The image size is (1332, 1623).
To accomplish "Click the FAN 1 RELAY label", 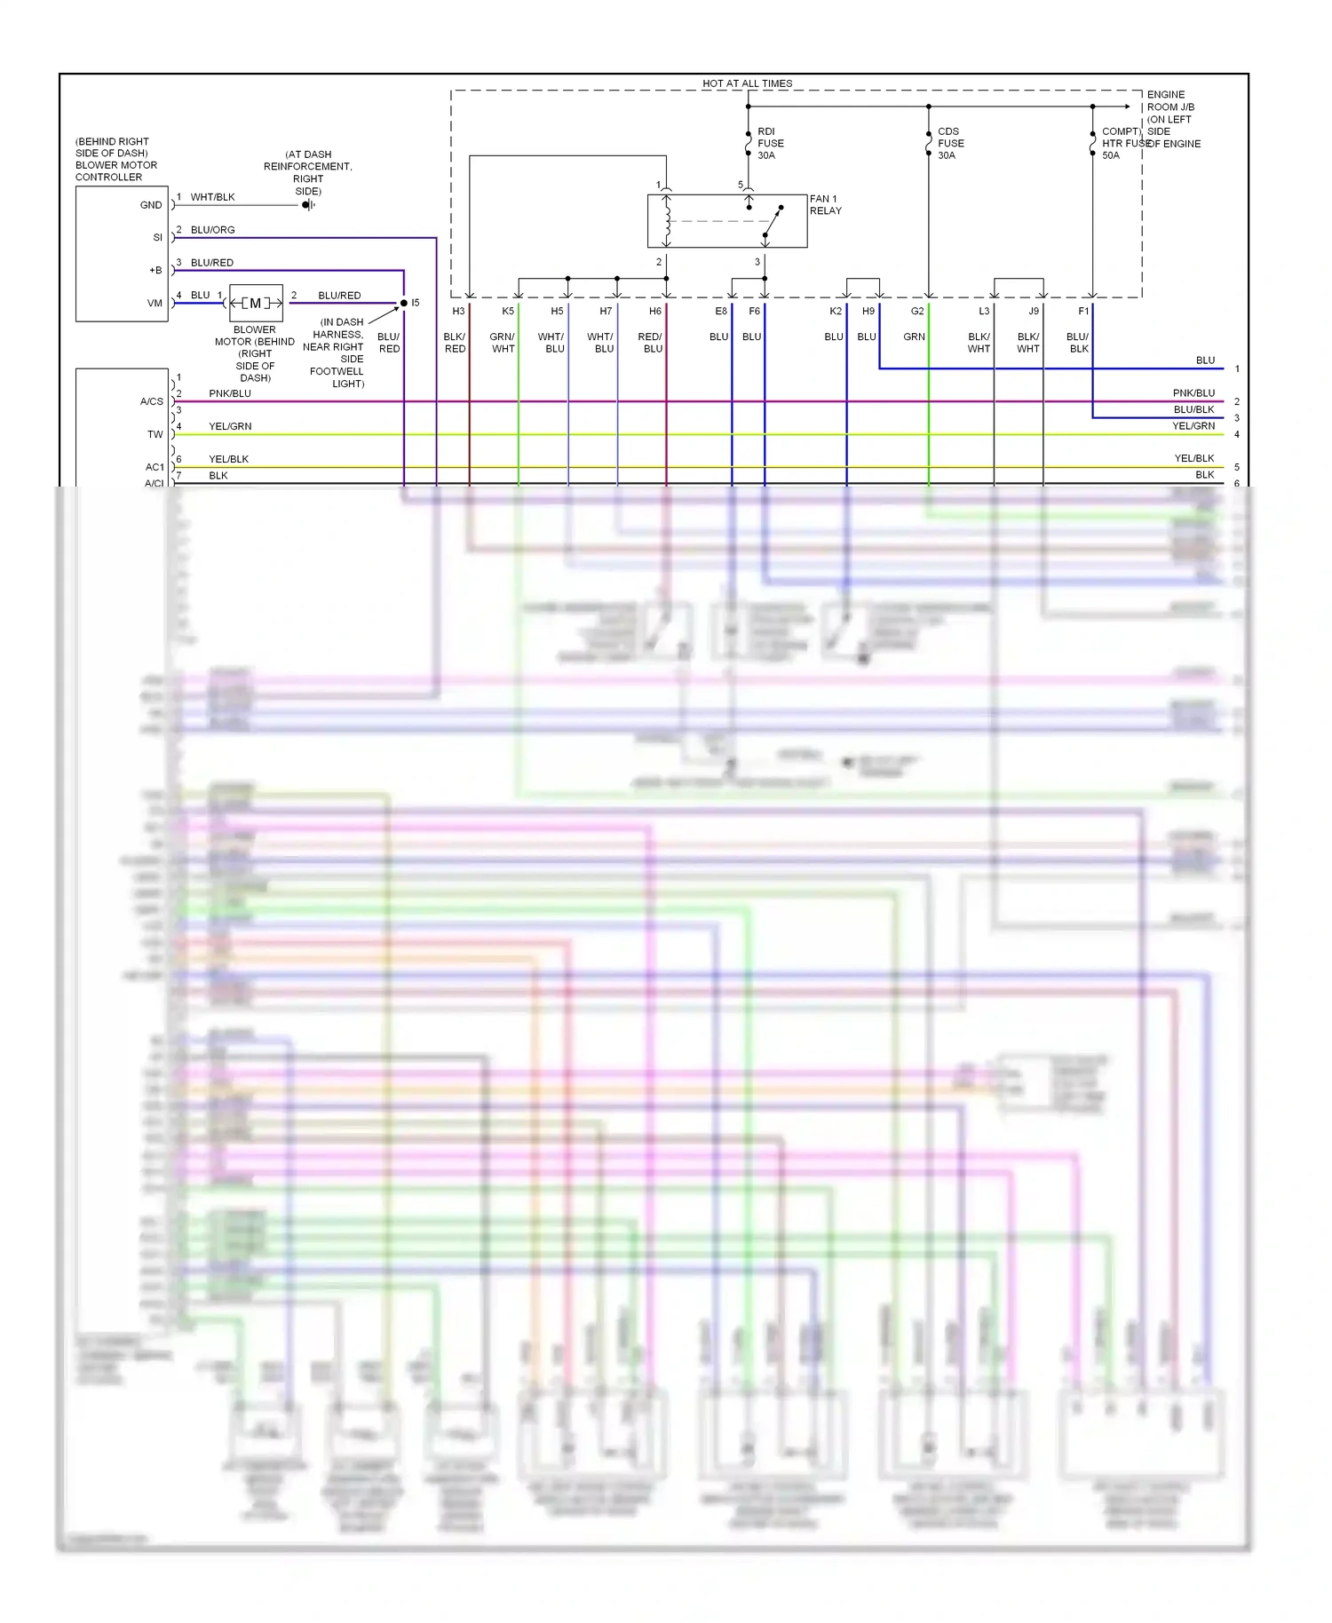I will (x=825, y=205).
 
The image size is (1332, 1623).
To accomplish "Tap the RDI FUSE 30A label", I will (x=770, y=143).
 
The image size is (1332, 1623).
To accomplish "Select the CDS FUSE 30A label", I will (x=950, y=143).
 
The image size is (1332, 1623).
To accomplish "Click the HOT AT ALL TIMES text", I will (x=747, y=83).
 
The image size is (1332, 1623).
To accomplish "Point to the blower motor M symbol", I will (x=256, y=304).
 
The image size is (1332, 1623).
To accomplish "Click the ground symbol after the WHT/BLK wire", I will (x=307, y=205).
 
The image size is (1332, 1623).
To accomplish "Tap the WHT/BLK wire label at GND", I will (x=212, y=197).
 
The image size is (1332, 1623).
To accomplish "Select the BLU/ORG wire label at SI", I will (x=212, y=230).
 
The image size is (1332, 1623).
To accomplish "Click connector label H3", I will (x=458, y=312).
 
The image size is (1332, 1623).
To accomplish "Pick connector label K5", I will (x=508, y=312).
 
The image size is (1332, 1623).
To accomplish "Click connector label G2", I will (x=917, y=312).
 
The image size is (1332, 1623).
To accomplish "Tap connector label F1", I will (x=1083, y=312).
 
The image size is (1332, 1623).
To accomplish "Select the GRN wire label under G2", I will (x=914, y=337).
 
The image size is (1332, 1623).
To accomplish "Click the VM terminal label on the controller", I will (x=155, y=304).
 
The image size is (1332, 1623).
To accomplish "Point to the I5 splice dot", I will (x=404, y=304).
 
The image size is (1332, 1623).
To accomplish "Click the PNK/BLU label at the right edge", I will (x=1193, y=393).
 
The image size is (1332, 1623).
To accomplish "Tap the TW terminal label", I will (x=155, y=435).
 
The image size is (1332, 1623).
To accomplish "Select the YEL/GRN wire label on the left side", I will (x=230, y=427).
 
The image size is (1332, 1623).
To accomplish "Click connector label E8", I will (x=721, y=312).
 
